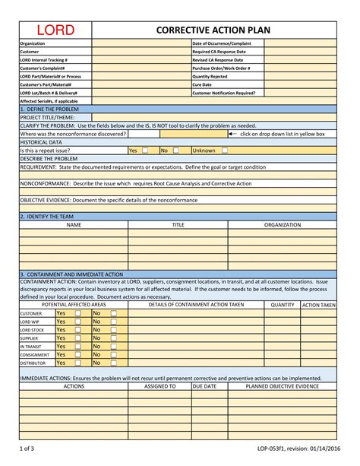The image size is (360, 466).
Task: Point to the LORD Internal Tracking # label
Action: click(44, 59)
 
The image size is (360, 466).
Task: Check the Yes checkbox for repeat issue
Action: click(145, 151)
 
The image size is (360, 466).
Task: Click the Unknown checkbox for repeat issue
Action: click(224, 151)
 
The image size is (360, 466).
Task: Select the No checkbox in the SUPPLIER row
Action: click(114, 338)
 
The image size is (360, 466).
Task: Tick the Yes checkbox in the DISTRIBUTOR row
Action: click(77, 363)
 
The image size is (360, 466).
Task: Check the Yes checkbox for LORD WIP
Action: click(77, 321)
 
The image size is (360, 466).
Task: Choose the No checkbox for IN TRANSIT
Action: click(114, 346)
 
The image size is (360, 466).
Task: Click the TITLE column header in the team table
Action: click(178, 225)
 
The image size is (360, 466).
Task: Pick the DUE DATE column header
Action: click(204, 386)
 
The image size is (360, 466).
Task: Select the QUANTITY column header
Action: click(282, 304)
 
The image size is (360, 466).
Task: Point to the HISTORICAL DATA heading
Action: click(41, 142)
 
